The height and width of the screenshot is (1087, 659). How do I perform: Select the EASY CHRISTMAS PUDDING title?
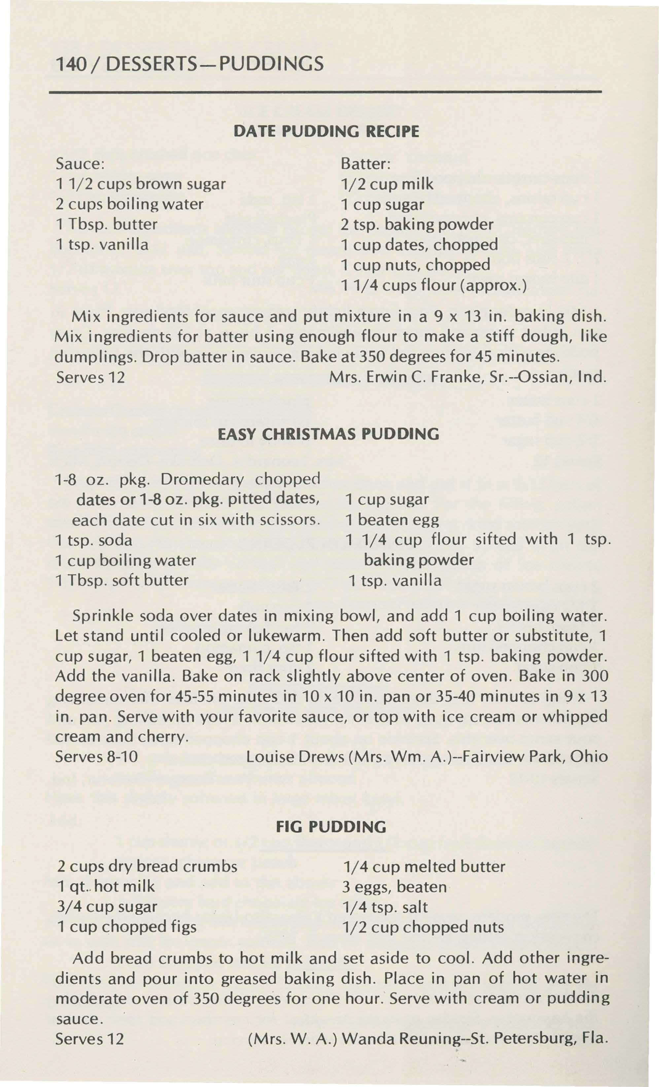[329, 435]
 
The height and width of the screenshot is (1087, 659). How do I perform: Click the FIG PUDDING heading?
[330, 826]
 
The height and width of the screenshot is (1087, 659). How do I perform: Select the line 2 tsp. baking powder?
[417, 225]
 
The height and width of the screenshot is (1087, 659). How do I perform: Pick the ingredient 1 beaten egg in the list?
[392, 520]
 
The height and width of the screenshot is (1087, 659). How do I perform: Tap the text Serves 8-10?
[96, 757]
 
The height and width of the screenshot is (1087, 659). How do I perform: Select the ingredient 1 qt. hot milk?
[106, 886]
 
